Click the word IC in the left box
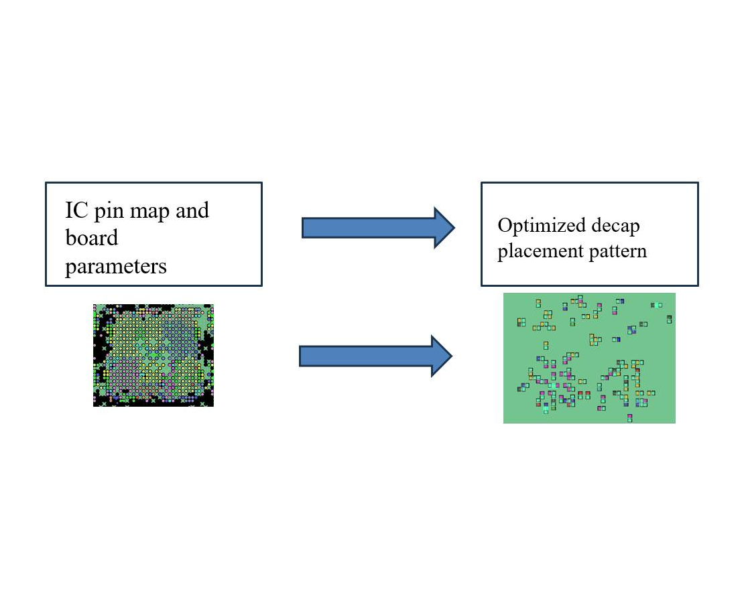pos(76,210)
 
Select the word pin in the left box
pos(109,212)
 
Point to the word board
pos(92,238)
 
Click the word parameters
pos(116,267)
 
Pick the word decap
pos(616,226)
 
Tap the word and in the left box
pos(192,210)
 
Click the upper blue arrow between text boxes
pos(378,228)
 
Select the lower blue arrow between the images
pos(375,356)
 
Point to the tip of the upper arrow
pos(454,228)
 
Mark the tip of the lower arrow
pos(452,356)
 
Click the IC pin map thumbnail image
pos(153,355)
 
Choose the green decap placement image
pos(589,358)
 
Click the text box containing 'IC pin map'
pos(153,234)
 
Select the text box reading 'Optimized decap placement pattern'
pos(590,234)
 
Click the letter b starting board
pos(70,238)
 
